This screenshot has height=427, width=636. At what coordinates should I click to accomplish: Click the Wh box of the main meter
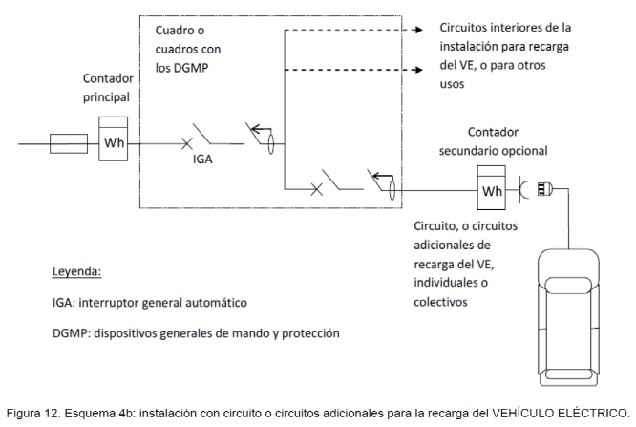(x=115, y=144)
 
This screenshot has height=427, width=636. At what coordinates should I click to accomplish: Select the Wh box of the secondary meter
(x=492, y=190)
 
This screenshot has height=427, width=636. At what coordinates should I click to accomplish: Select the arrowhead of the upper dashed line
(x=417, y=31)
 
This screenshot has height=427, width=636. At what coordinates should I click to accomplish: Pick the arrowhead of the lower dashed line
(x=417, y=70)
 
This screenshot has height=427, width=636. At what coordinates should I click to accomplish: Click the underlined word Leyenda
(x=76, y=271)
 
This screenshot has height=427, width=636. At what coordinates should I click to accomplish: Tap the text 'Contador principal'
(x=106, y=88)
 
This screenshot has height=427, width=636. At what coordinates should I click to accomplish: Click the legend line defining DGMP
(x=196, y=333)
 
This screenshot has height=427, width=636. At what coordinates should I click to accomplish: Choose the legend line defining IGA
(x=150, y=303)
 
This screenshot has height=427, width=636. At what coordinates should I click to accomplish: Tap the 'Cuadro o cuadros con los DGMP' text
(x=189, y=49)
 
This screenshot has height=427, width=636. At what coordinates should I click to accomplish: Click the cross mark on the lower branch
(x=317, y=189)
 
